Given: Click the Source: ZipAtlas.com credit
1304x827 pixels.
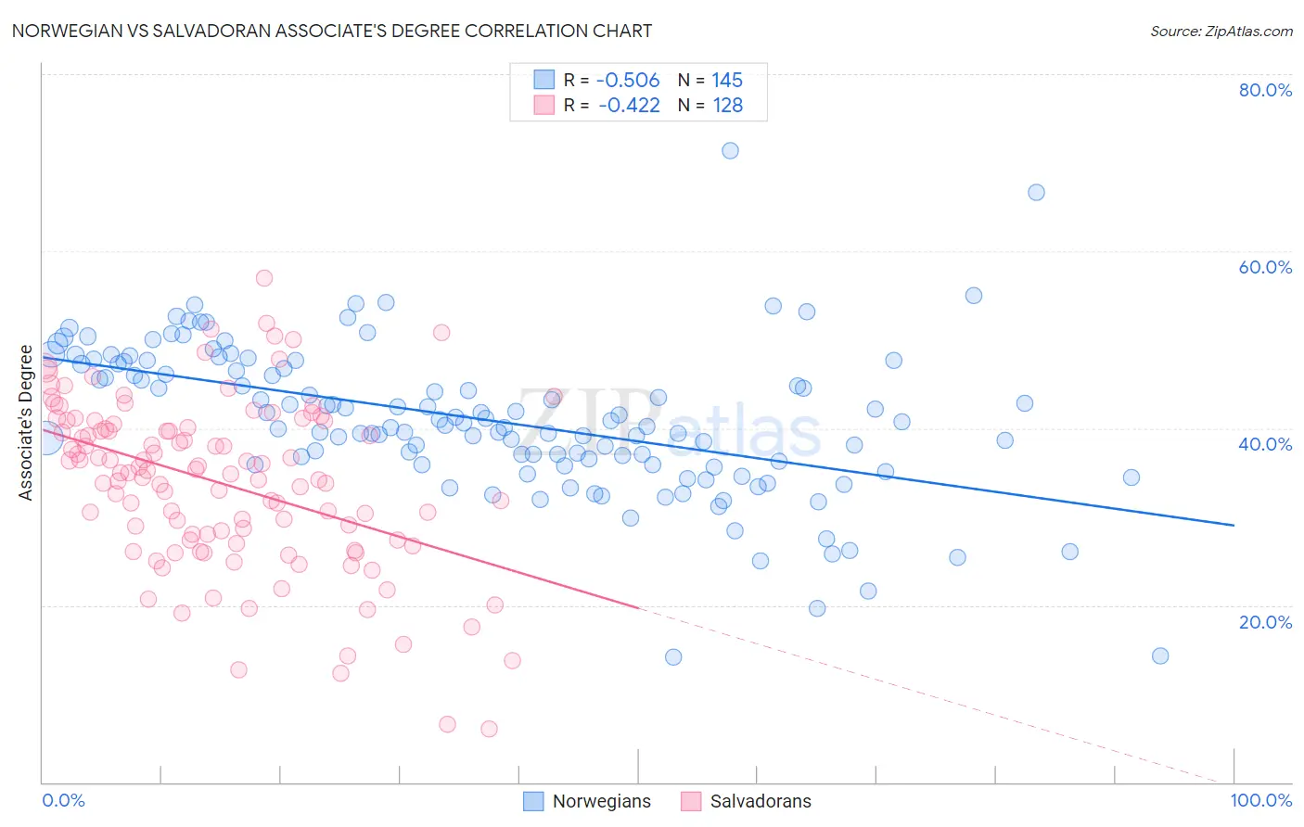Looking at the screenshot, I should point(1221,31).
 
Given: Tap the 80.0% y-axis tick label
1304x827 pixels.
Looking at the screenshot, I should point(1265,90).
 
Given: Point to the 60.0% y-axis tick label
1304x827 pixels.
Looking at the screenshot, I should point(1265,267).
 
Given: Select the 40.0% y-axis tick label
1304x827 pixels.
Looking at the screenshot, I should point(1265,444).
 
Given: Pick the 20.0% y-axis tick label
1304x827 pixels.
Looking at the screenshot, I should point(1265,621).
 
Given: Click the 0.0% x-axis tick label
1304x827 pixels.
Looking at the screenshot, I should point(63,800).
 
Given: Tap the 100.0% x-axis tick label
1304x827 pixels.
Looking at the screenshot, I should point(1260,800).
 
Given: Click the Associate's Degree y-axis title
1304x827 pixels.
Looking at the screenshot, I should point(26,423).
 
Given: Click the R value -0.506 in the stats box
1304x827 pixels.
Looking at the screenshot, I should point(628,81).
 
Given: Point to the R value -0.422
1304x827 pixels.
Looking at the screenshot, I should point(629,106).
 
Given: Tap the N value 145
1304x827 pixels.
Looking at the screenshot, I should point(727,81).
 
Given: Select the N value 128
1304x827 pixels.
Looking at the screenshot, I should point(727,106).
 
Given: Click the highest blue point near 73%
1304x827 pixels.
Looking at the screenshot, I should point(730,150).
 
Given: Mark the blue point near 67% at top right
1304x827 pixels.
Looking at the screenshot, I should point(1036,192).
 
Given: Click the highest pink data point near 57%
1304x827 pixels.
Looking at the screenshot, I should point(264,277).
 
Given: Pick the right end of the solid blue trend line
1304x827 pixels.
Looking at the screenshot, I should point(1234,525).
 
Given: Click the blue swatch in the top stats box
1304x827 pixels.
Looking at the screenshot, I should point(543,81).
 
